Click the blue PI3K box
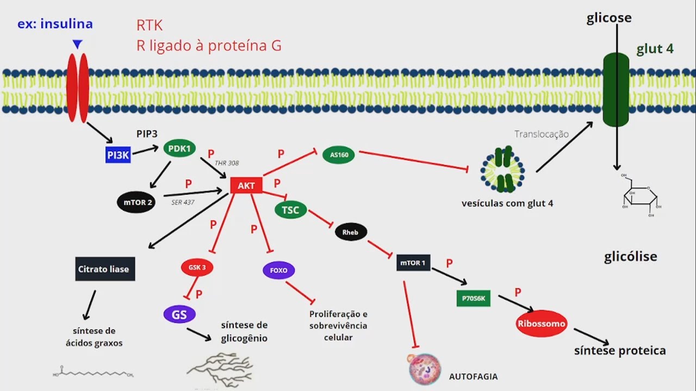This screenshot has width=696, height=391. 118,155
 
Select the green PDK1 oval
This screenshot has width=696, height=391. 179,148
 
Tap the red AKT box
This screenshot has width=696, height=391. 246,185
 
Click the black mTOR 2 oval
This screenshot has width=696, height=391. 136,203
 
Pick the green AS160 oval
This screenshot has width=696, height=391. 339,155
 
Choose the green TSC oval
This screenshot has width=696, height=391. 291,210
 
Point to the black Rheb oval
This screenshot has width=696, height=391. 351,232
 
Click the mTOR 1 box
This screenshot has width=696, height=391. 413,263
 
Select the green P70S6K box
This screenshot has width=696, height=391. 473,298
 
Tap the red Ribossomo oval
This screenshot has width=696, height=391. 541,324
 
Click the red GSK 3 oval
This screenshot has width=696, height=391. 197,267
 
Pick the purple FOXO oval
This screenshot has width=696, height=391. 278,270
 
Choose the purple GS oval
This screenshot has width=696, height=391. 179,314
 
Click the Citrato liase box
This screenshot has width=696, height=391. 105,269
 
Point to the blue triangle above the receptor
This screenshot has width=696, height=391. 78,44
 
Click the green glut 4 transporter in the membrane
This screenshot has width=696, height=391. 616,90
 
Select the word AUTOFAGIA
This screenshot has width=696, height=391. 473,376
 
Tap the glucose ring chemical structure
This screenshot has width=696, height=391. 642,197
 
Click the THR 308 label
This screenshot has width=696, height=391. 227,163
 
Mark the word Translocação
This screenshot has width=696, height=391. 541,134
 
